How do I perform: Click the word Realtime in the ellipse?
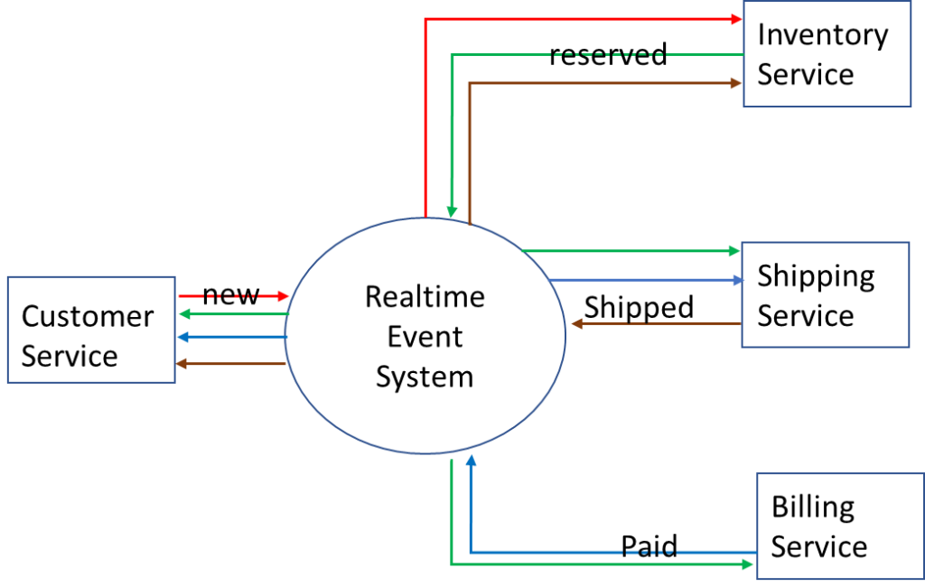pyautogui.click(x=425, y=296)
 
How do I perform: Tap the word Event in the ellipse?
pyautogui.click(x=425, y=336)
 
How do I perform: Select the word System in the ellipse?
pyautogui.click(x=425, y=376)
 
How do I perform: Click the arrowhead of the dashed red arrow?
pyautogui.click(x=284, y=296)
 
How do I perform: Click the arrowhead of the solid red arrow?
pyautogui.click(x=736, y=18)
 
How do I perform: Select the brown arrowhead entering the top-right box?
pyautogui.click(x=736, y=83)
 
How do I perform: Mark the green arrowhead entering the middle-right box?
pyautogui.click(x=735, y=250)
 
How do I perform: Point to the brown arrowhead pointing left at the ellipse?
pyautogui.click(x=575, y=323)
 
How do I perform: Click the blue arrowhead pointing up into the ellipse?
pyautogui.click(x=471, y=461)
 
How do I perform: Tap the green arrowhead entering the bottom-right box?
pyautogui.click(x=749, y=564)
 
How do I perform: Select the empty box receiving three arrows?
pyautogui.click(x=90, y=330)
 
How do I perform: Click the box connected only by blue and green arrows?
pyautogui.click(x=827, y=526)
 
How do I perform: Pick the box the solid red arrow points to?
pyautogui.click(x=827, y=53)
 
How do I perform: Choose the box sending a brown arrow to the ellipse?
pyautogui.click(x=825, y=294)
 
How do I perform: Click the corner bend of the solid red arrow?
pyautogui.click(x=425, y=18)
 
